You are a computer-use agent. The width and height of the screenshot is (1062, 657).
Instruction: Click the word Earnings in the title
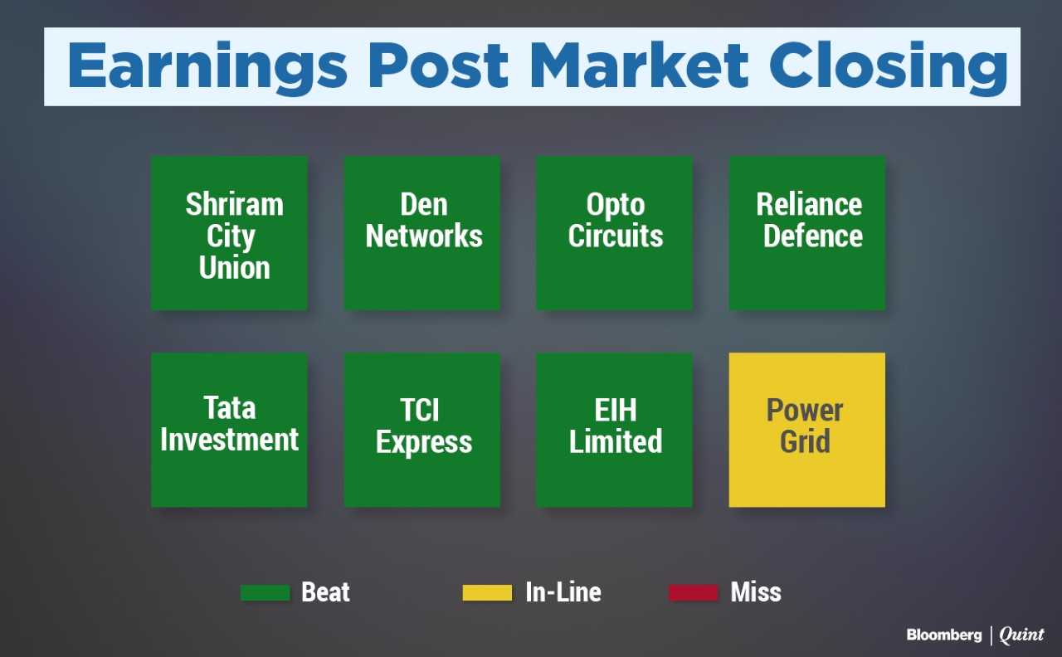pyautogui.click(x=207, y=67)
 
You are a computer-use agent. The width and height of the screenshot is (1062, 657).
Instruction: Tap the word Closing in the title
pyautogui.click(x=889, y=67)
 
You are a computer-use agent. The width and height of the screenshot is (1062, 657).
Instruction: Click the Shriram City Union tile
pyautogui.click(x=230, y=233)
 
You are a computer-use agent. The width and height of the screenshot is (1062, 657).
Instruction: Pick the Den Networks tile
pyautogui.click(x=422, y=233)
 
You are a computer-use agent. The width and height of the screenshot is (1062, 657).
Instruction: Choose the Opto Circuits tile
pyautogui.click(x=615, y=233)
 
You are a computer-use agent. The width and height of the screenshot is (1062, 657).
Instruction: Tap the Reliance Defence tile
pyautogui.click(x=807, y=233)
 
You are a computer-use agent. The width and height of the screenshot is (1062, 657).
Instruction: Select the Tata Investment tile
pyautogui.click(x=230, y=430)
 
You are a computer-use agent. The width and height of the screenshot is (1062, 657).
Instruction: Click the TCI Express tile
pyautogui.click(x=422, y=430)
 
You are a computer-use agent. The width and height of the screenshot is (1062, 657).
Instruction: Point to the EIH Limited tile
pyautogui.click(x=615, y=430)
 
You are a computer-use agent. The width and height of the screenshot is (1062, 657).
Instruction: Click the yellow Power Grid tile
pyautogui.click(x=807, y=430)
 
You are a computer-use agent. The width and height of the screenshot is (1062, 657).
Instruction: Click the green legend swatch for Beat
pyautogui.click(x=265, y=593)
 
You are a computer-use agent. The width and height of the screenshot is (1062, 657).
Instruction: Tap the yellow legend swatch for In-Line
pyautogui.click(x=487, y=593)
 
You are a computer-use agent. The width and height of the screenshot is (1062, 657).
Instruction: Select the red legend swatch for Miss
pyautogui.click(x=693, y=593)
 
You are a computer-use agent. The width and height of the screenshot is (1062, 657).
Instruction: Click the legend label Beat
pyautogui.click(x=326, y=592)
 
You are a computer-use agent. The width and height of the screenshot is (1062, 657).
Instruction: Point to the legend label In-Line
pyautogui.click(x=563, y=592)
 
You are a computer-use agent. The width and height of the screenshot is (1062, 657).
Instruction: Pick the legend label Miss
pyautogui.click(x=756, y=592)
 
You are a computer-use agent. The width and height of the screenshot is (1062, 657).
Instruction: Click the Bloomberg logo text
pyautogui.click(x=944, y=635)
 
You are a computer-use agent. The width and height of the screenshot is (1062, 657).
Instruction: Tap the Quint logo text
pyautogui.click(x=1021, y=635)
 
